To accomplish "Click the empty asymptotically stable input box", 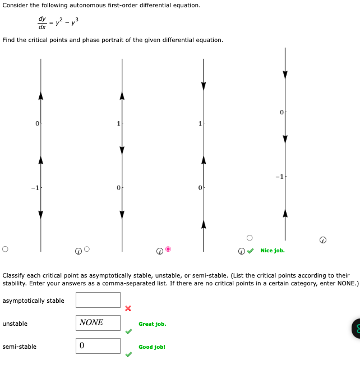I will (98, 301).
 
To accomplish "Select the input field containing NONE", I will (98, 323).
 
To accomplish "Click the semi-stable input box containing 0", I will (98, 346).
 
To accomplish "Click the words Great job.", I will (153, 324).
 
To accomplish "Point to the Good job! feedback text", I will (152, 347).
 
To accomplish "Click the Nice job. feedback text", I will (273, 251).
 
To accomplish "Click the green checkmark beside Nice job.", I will (251, 251).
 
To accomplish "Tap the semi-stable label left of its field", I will (20, 346).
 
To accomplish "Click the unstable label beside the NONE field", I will (15, 324).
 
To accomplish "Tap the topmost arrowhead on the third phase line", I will (204, 86).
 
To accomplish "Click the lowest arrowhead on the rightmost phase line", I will (285, 213).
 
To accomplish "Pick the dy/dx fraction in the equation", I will (42, 22).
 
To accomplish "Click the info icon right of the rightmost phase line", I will (322, 240).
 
